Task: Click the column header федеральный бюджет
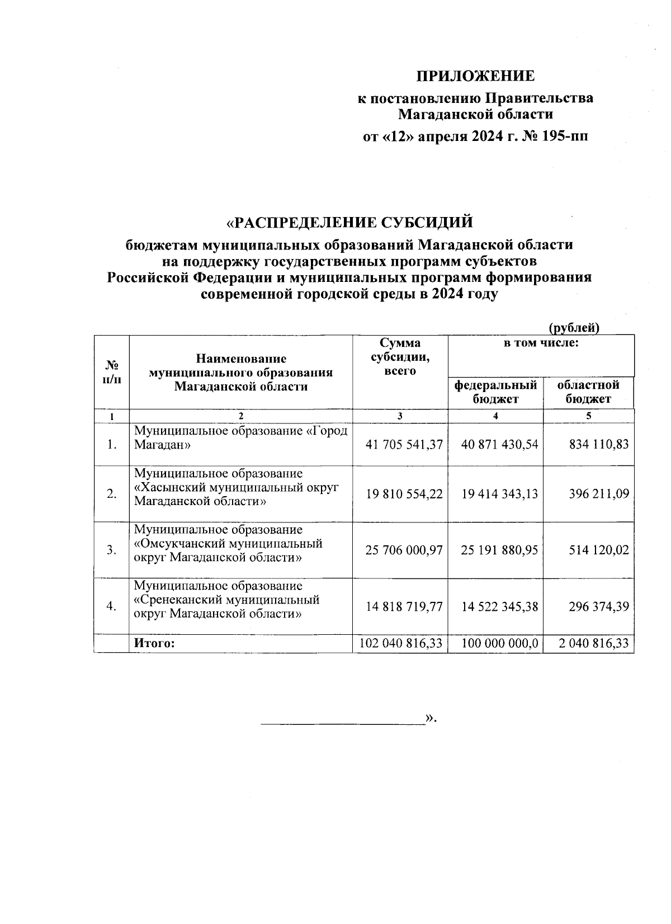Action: pyautogui.click(x=495, y=392)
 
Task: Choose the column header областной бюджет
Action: pyautogui.click(x=588, y=392)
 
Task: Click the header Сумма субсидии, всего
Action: pyautogui.click(x=400, y=356)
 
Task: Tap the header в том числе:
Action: pyautogui.click(x=541, y=343)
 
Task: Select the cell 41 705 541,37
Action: pyautogui.click(x=404, y=445)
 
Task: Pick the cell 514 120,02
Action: pyautogui.click(x=598, y=550)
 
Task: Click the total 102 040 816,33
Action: pyautogui.click(x=401, y=643)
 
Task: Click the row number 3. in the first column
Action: pyautogui.click(x=112, y=550)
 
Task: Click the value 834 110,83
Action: pyautogui.click(x=598, y=445)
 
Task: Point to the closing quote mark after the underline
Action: pyautogui.click(x=430, y=718)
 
